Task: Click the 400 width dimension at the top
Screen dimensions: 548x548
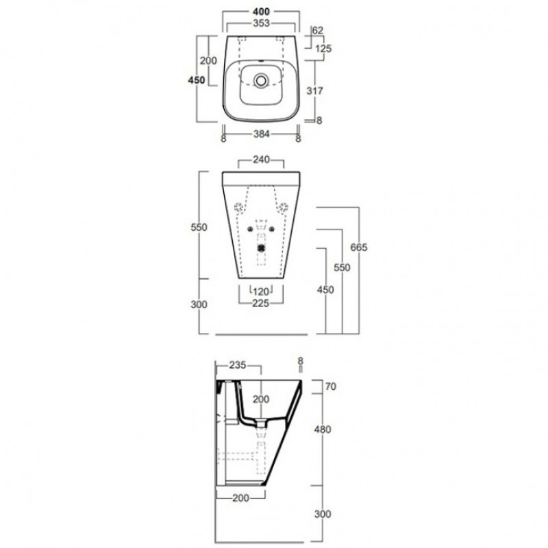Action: pos(261,12)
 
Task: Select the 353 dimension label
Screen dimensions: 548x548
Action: pos(261,23)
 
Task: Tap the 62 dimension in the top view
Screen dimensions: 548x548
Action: pos(318,30)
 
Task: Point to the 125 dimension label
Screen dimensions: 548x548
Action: pos(323,48)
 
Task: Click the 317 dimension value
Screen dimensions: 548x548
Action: pos(314,91)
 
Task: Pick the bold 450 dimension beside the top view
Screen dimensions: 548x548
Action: pos(197,80)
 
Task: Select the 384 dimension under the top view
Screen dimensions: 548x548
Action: pos(261,134)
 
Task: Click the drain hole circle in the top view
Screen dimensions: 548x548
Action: pos(260,80)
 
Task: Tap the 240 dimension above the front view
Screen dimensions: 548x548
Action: pos(261,160)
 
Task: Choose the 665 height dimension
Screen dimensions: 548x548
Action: pos(359,247)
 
